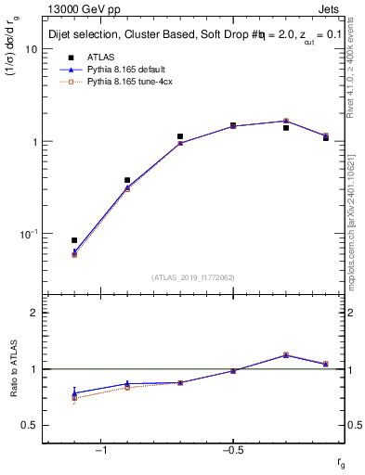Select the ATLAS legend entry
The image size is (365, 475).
(102, 57)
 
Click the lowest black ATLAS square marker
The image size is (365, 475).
(74, 240)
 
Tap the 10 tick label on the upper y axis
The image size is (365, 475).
(30, 50)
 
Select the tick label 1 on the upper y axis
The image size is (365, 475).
(33, 142)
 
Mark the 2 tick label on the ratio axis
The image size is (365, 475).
(33, 313)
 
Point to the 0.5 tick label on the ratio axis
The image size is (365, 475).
(30, 425)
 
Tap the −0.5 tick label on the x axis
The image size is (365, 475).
(231, 450)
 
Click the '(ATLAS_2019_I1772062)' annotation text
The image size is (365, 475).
(193, 276)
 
